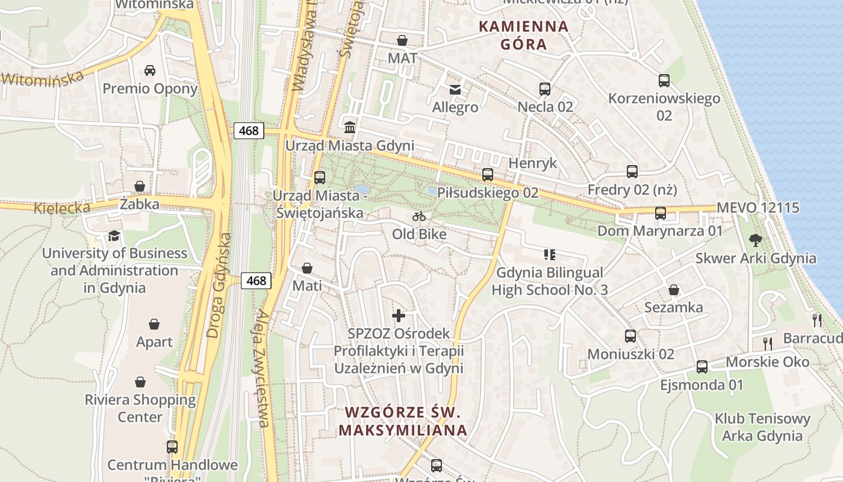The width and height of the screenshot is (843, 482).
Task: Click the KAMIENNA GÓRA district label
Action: point(523,35)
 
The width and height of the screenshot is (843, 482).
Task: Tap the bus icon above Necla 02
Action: point(545,89)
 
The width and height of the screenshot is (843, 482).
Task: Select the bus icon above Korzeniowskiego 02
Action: point(664,81)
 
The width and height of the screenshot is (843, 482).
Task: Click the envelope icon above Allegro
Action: point(455,90)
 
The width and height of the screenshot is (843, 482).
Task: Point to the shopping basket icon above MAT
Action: point(402,40)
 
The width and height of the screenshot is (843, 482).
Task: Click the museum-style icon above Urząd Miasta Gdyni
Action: point(349,128)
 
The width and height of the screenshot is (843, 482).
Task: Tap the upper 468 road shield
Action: point(249,131)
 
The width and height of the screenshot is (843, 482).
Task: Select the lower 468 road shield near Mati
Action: point(256,280)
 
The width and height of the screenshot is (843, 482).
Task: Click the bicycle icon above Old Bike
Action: point(419,216)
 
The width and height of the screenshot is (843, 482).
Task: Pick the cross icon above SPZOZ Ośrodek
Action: point(398,316)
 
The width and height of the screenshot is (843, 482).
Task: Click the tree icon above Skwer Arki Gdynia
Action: point(755,241)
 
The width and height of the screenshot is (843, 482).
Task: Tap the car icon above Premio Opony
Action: point(150,70)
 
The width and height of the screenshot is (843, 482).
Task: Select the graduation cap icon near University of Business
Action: point(114,236)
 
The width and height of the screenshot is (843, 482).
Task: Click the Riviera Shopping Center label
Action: point(140,408)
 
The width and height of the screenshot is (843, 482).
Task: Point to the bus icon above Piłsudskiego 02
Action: point(488,175)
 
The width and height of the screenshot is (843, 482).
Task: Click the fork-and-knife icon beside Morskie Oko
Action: point(768,344)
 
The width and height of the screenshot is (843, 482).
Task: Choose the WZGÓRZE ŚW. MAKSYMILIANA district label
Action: point(402,421)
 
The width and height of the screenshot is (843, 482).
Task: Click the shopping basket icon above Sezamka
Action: point(674,290)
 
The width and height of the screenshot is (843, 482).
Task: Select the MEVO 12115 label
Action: point(757,208)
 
